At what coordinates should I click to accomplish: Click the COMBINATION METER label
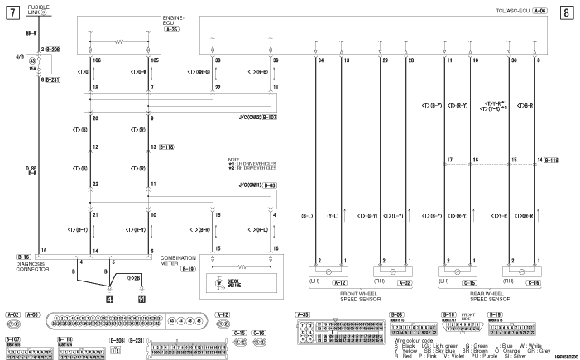point(178,261)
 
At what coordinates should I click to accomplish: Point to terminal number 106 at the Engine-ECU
point(95,61)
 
